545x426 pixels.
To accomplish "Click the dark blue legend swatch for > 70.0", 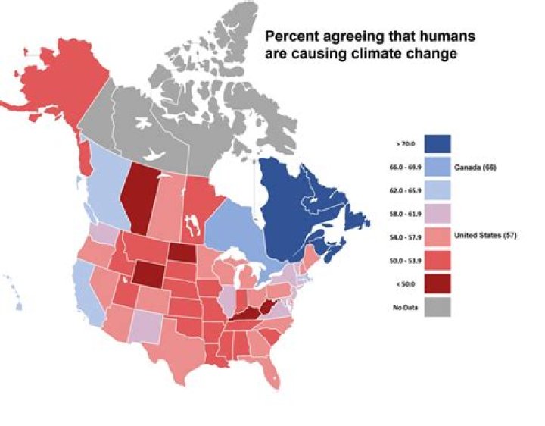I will pyautogui.click(x=438, y=143).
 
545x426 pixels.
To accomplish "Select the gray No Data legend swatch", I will pyautogui.click(x=438, y=306).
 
